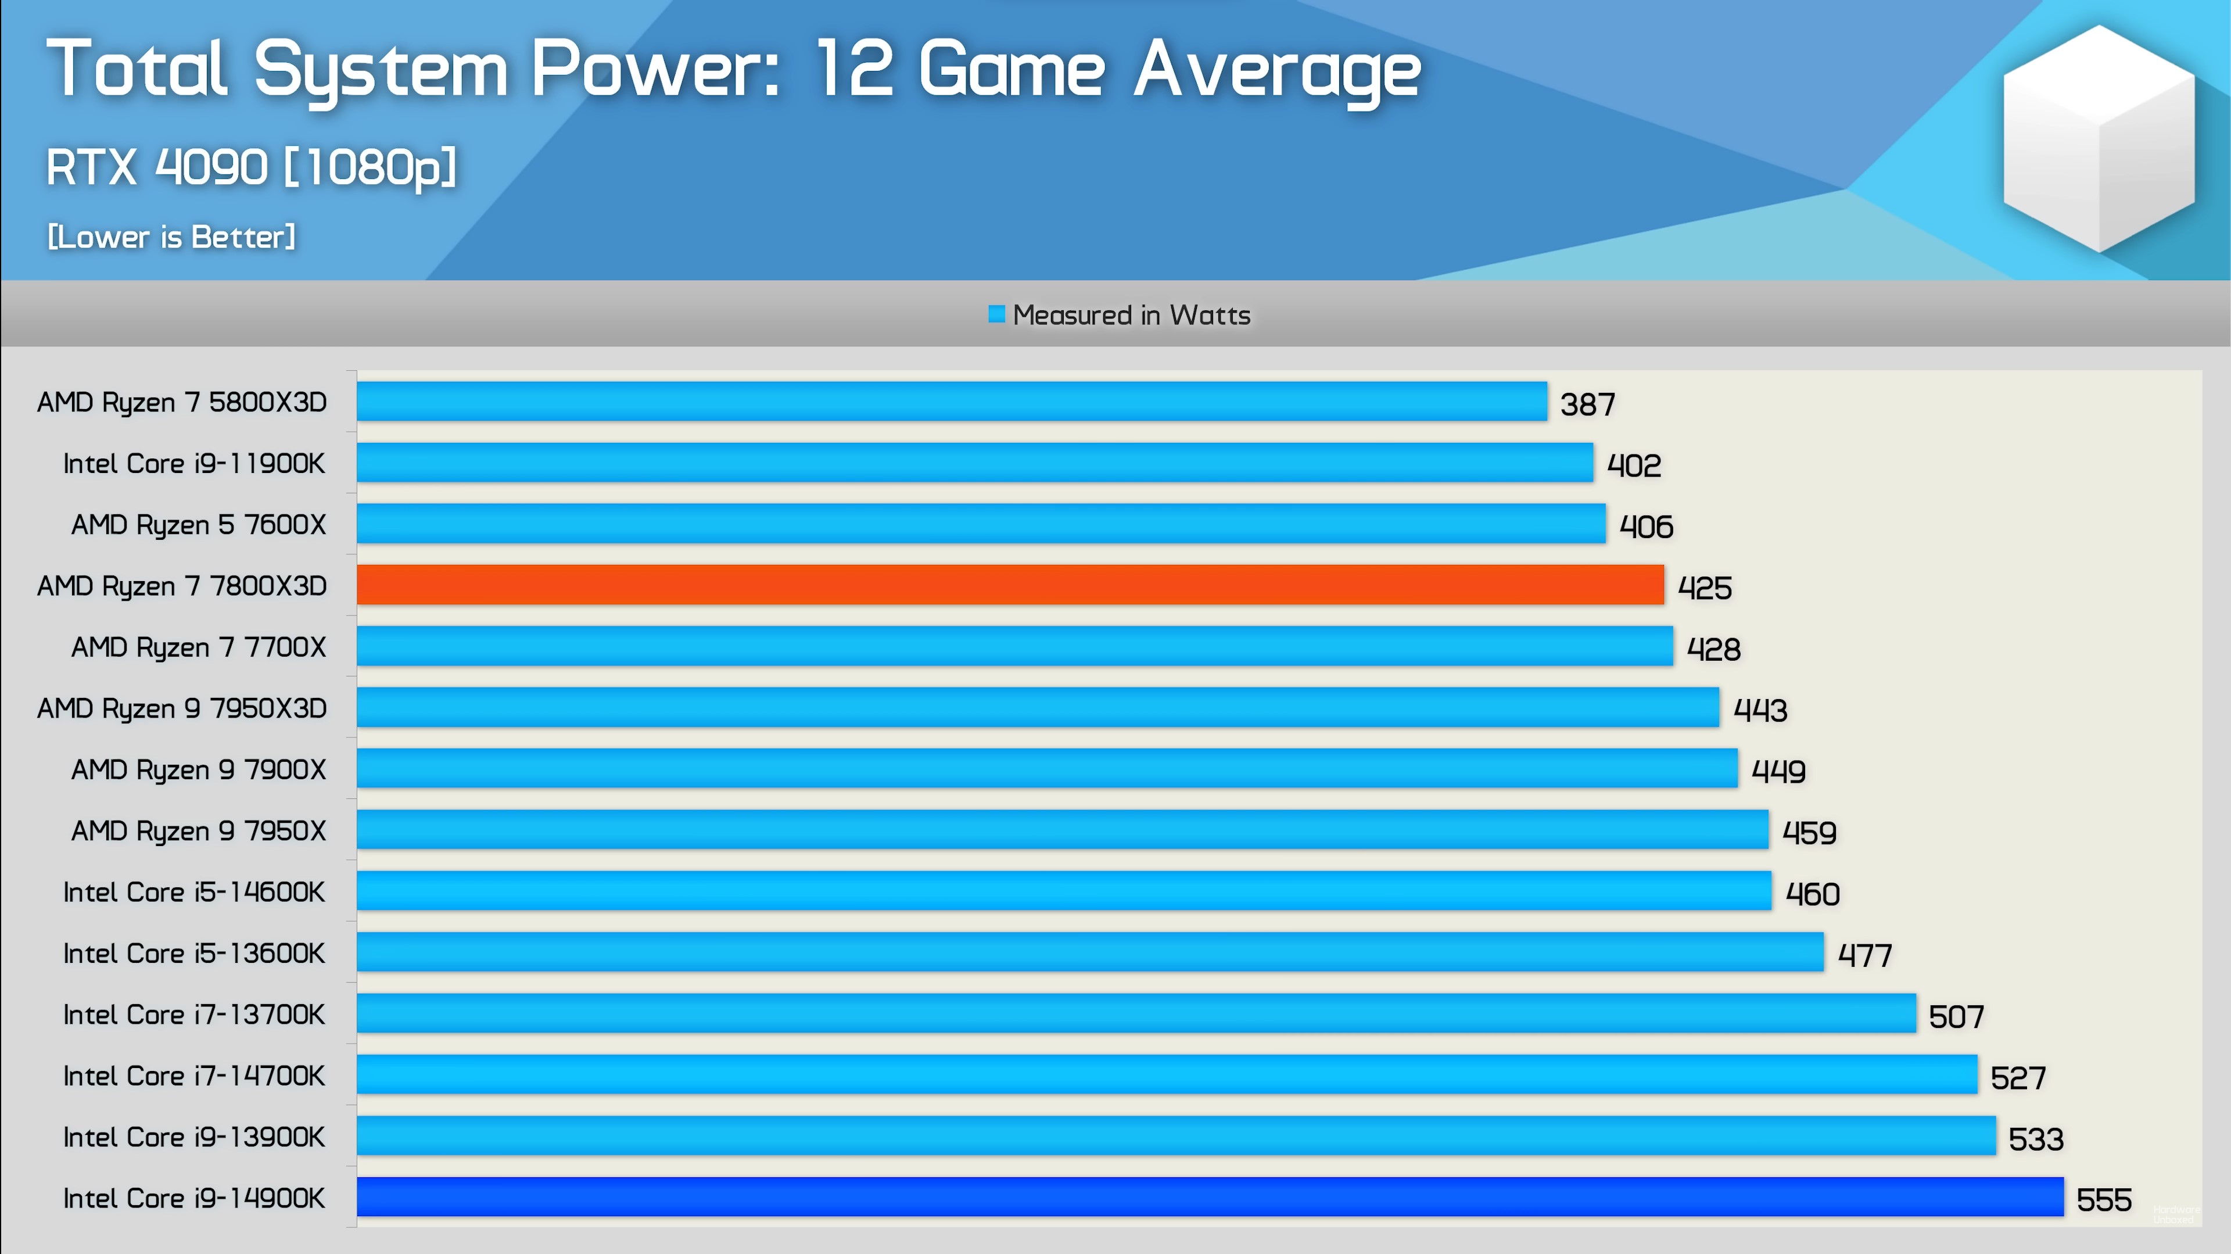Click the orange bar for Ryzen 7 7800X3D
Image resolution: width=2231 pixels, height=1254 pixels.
coord(1010,585)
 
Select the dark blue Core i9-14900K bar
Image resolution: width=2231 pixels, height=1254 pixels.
coord(1210,1197)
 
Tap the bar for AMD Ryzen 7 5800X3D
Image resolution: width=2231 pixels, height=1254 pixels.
coord(952,401)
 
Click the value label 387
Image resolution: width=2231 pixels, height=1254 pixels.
coord(1587,403)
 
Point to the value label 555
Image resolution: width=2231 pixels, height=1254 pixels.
coord(2104,1199)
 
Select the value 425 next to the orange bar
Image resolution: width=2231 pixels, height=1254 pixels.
coord(1705,587)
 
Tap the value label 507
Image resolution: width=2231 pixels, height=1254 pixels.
coord(1956,1016)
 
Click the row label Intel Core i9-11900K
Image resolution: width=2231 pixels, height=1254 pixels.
coord(194,463)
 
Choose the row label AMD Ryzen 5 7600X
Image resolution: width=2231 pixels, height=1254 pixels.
coord(198,525)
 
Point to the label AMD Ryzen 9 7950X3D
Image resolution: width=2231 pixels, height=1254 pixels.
coord(182,708)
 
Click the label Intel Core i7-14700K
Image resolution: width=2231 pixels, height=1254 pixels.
coord(194,1076)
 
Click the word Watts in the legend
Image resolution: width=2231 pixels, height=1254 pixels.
coord(1210,314)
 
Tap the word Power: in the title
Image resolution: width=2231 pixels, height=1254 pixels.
coord(655,69)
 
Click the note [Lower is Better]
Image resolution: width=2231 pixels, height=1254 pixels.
coord(171,237)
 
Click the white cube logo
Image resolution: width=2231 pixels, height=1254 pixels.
coord(2099,138)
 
